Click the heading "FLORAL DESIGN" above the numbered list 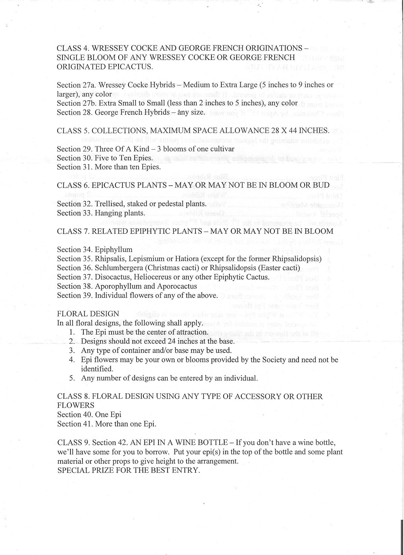pyautogui.click(x=88, y=314)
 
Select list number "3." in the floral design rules pyautogui.click(x=72, y=351)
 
